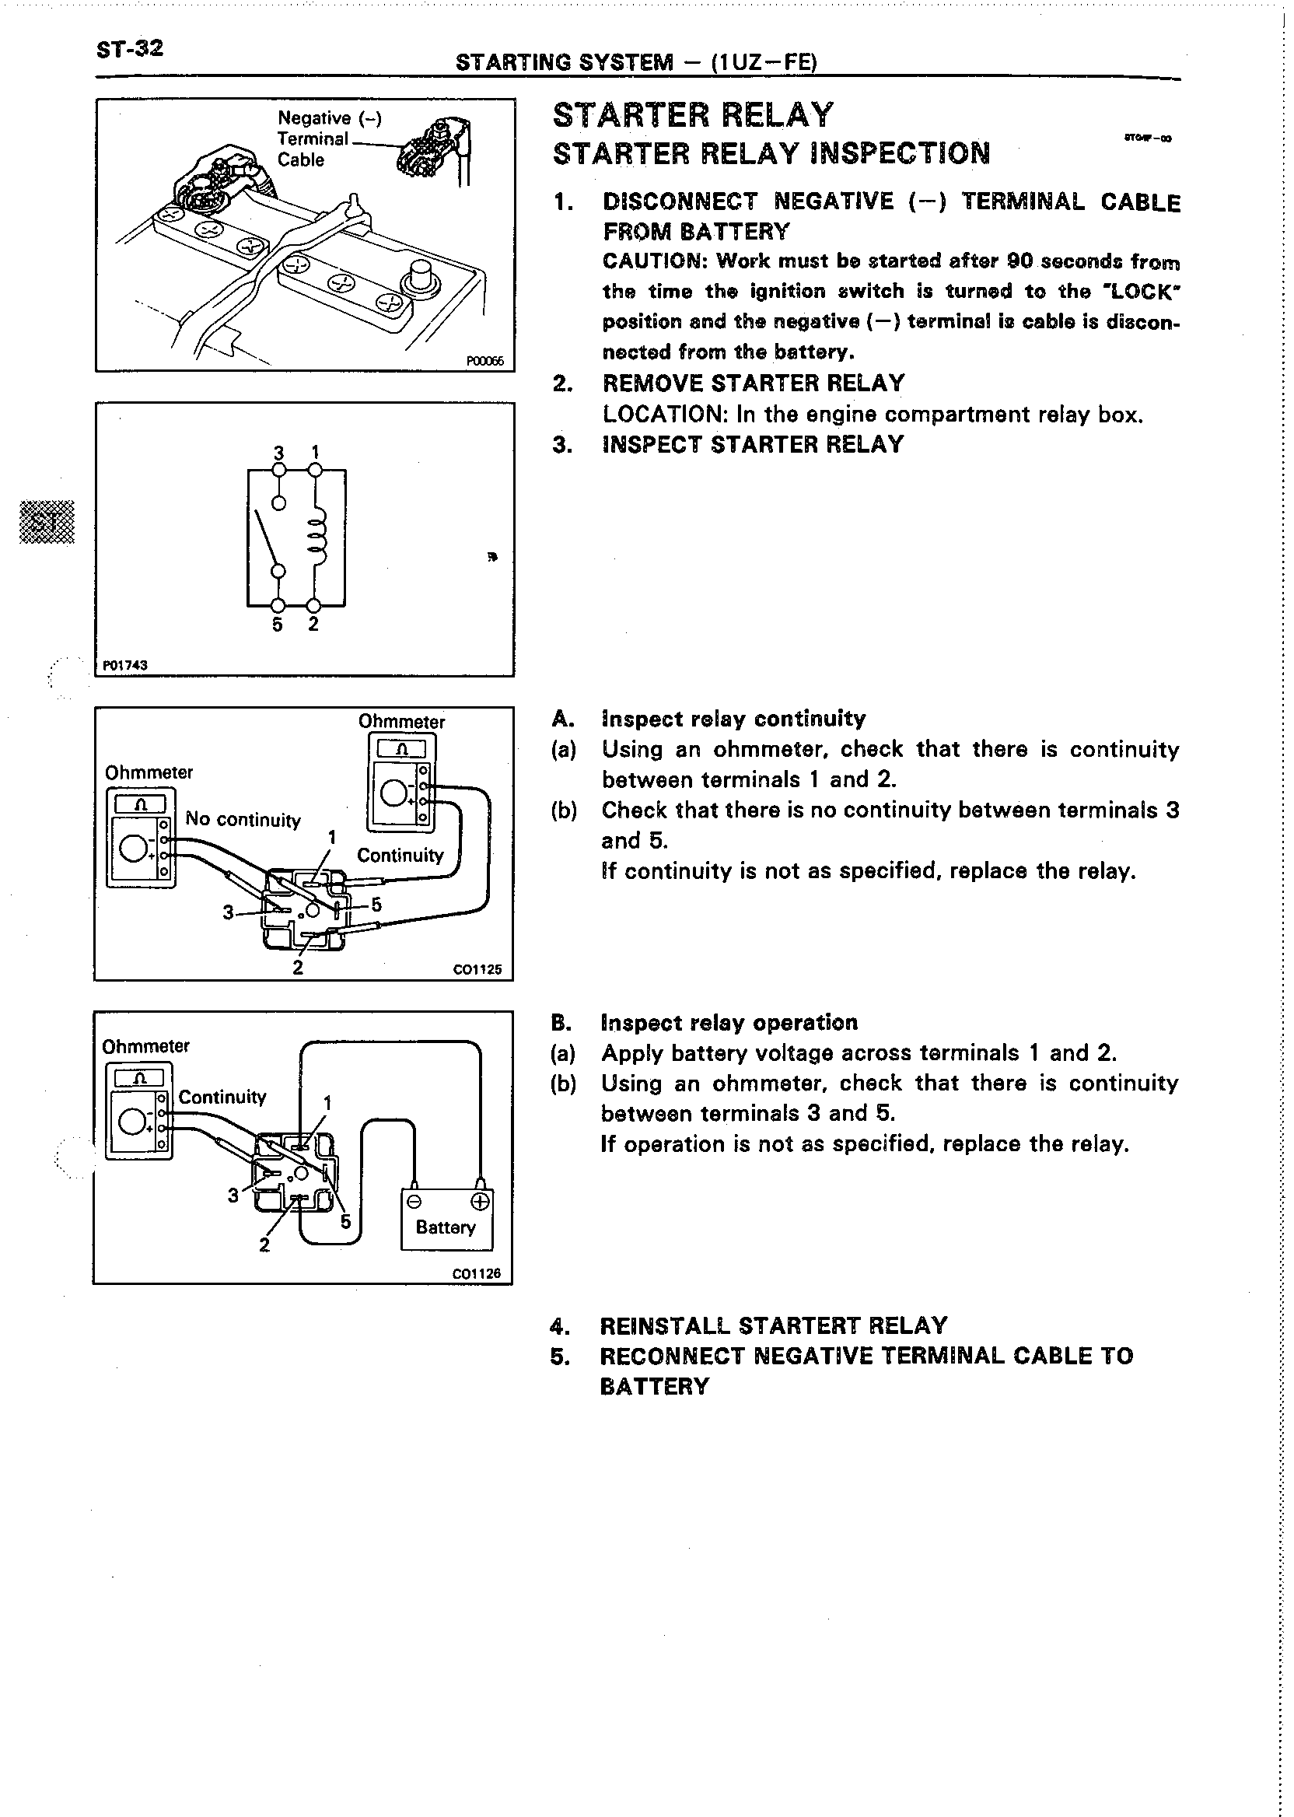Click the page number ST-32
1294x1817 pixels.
coord(129,50)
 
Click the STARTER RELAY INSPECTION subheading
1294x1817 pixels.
coord(771,153)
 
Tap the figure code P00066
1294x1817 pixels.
coord(484,361)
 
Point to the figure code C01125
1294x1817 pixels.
coord(477,970)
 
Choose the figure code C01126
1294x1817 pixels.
coord(477,1273)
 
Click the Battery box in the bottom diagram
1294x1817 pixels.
coord(446,1220)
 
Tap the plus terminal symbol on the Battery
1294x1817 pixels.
coord(480,1202)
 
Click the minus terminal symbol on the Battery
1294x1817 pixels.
coord(414,1202)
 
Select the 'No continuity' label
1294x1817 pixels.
coord(243,819)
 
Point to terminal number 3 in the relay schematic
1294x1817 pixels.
coord(279,453)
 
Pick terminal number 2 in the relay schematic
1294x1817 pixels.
coord(314,624)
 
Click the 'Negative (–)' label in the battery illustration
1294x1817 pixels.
coord(329,118)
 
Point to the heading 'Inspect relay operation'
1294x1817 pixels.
coord(729,1023)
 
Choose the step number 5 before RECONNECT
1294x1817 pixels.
coord(559,1357)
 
